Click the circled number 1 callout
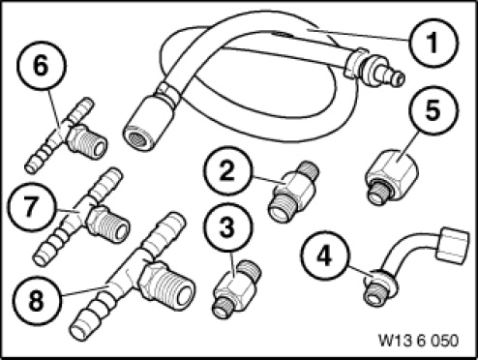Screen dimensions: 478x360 coord(433,43)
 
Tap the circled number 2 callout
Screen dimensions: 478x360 coord(227,171)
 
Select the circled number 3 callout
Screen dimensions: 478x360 coord(227,227)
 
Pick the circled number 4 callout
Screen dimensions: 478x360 coord(325,256)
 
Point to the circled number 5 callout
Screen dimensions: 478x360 coord(433,109)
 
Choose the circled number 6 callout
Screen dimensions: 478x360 coord(42,66)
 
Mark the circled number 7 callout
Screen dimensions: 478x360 coord(30,206)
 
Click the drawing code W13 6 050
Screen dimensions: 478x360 coord(418,341)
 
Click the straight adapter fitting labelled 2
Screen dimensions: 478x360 coord(293,192)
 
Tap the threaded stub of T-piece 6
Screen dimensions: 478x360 coord(87,142)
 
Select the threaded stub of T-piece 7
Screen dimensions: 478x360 coord(109,224)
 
